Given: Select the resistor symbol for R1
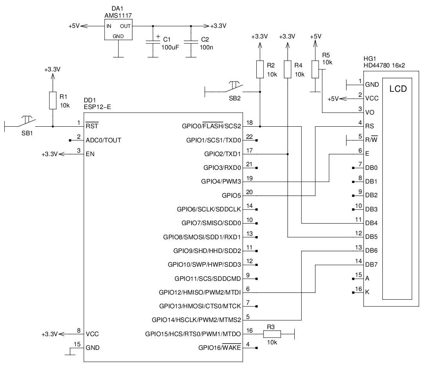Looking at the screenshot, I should pyautogui.click(x=53, y=101).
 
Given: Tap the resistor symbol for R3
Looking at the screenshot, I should pyautogui.click(x=272, y=334).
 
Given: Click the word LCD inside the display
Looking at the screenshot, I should pyautogui.click(x=398, y=89).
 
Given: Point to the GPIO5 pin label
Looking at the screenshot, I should pyautogui.click(x=231, y=195).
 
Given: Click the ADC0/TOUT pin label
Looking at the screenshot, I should pyautogui.click(x=103, y=140).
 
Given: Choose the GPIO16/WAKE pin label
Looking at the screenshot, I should pyautogui.click(x=220, y=348).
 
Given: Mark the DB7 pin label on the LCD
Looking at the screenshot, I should pyautogui.click(x=371, y=265).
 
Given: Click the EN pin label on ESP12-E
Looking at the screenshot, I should pyautogui.click(x=90, y=154).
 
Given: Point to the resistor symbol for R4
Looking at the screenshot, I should pyautogui.click(x=288, y=69).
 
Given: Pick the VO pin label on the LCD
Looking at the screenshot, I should pyautogui.click(x=369, y=113).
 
